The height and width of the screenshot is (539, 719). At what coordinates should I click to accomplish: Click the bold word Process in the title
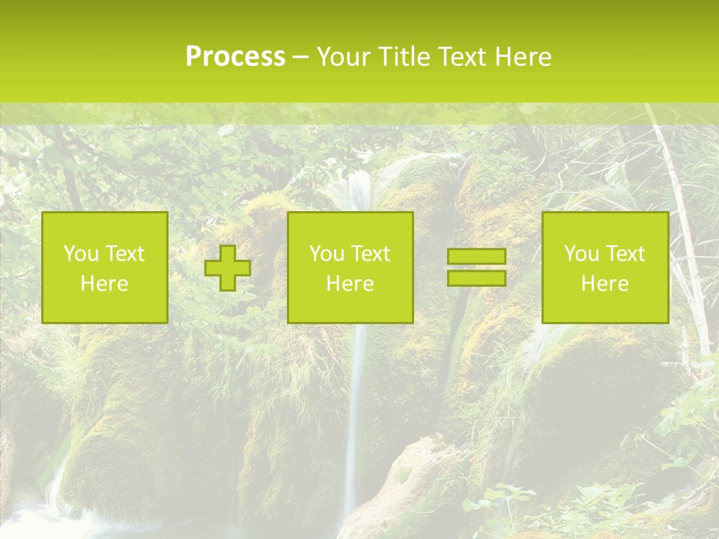[x=235, y=57]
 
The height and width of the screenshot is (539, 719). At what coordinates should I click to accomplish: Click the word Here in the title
[x=523, y=57]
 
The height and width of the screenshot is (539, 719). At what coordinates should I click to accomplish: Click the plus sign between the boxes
[x=228, y=268]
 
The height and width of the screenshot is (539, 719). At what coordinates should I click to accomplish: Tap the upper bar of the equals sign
[x=476, y=257]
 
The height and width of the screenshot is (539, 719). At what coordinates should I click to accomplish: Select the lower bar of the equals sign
[x=476, y=278]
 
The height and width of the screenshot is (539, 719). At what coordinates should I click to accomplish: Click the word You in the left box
[x=81, y=254]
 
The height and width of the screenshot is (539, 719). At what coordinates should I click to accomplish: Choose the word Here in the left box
[x=104, y=284]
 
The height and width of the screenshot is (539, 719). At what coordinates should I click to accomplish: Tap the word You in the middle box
[x=327, y=254]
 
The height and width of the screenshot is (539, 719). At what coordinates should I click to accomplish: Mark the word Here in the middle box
[x=350, y=284]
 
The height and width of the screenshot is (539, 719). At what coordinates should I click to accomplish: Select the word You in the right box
[x=581, y=254]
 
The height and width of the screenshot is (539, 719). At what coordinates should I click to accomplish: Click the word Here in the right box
[x=604, y=284]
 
